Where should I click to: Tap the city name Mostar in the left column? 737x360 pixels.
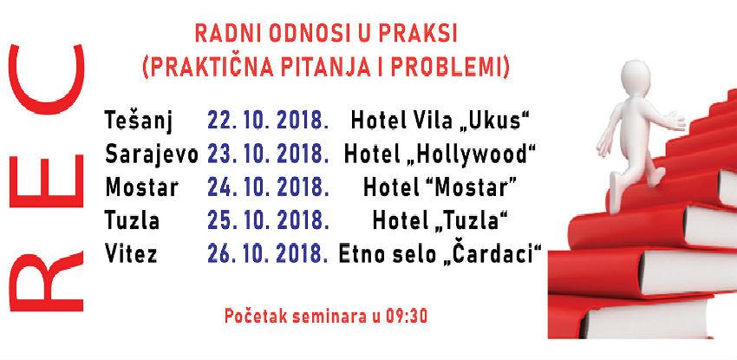(140, 186)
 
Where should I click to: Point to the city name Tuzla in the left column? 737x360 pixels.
(132, 220)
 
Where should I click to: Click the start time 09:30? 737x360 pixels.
(408, 311)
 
